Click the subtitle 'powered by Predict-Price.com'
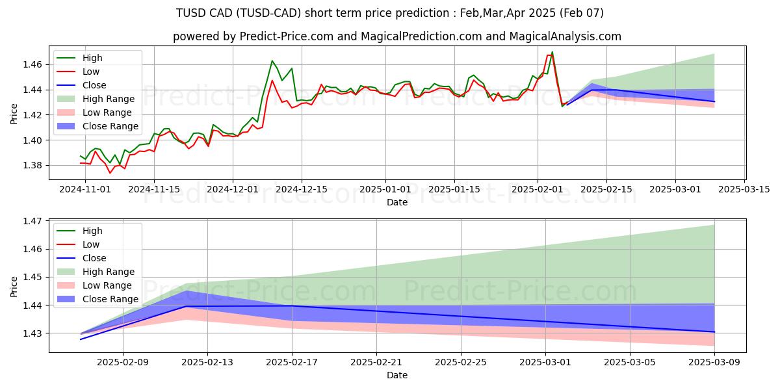(396, 36)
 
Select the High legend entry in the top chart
(93, 58)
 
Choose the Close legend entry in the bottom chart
(94, 258)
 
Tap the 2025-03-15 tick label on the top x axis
(744, 189)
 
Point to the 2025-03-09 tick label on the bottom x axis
(714, 362)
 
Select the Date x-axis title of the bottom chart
(396, 375)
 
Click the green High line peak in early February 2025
(552, 52)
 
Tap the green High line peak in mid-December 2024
(272, 61)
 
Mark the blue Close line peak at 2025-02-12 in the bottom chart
(187, 306)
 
